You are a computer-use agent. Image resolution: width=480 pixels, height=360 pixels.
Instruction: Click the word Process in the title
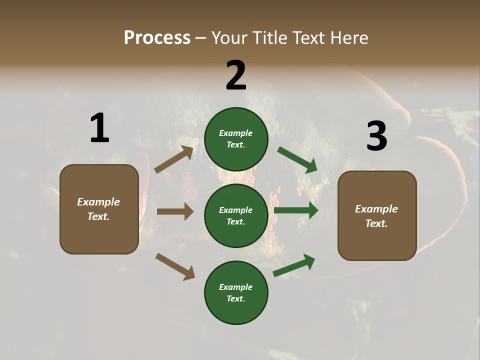pyautogui.click(x=157, y=38)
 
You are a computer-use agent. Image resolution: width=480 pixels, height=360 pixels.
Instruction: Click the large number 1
pyautogui.click(x=99, y=128)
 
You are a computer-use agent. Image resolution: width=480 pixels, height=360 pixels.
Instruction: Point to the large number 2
pyautogui.click(x=236, y=75)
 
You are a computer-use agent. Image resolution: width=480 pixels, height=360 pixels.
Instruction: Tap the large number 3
pyautogui.click(x=376, y=136)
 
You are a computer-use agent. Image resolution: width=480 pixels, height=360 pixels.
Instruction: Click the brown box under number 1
pyautogui.click(x=99, y=209)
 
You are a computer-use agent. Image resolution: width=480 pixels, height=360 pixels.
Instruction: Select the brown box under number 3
pyautogui.click(x=377, y=215)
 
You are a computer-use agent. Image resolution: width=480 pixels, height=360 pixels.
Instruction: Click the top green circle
pyautogui.click(x=236, y=139)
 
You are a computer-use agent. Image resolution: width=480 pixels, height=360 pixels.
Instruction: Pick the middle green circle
pyautogui.click(x=236, y=215)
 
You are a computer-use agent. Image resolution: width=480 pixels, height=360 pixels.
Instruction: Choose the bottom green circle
pyautogui.click(x=236, y=292)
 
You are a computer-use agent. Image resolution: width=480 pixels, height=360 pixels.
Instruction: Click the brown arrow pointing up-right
pyautogui.click(x=174, y=159)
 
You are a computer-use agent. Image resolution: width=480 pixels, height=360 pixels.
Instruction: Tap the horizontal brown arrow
pyautogui.click(x=175, y=211)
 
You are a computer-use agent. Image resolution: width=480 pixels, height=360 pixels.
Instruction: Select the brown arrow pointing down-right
pyautogui.click(x=175, y=266)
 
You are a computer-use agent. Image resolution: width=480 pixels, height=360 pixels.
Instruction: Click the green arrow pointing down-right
pyautogui.click(x=297, y=160)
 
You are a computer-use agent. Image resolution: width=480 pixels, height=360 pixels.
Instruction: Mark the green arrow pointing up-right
pyautogui.click(x=294, y=265)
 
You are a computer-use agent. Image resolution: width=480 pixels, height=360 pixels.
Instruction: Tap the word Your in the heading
pyautogui.click(x=228, y=38)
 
